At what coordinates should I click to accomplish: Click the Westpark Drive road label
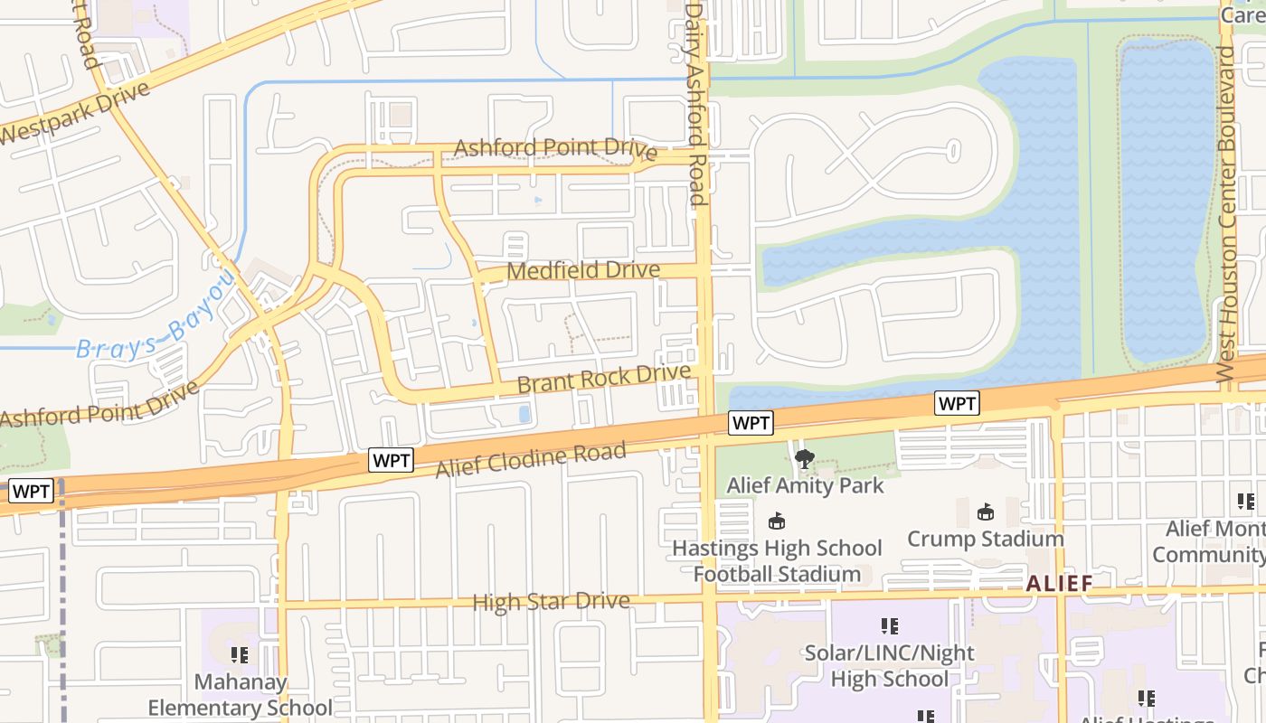coord(72,114)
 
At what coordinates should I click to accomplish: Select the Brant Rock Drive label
coord(604,379)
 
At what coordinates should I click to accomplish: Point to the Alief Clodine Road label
coord(531,460)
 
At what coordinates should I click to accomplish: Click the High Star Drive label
coord(551,602)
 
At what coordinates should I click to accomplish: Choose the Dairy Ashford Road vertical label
coord(694,104)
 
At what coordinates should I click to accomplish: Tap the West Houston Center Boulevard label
coord(1226,212)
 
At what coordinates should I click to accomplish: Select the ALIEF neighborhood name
coord(1060,583)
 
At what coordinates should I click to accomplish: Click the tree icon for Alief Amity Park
coord(804,459)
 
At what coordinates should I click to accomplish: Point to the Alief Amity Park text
coord(805,485)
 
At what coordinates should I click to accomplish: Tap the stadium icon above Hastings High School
coord(776,521)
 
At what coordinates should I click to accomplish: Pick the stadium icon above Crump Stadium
coord(986,512)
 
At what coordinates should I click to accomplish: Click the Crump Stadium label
coord(986,539)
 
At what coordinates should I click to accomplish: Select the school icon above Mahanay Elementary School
coord(240,654)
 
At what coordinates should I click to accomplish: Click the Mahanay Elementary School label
coord(241,695)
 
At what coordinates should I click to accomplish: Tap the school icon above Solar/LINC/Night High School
coord(889,625)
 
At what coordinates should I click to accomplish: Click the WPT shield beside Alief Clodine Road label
coord(392,461)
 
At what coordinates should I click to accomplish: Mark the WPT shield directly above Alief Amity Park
coord(751,422)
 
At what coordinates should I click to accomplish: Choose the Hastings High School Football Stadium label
coord(777,560)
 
